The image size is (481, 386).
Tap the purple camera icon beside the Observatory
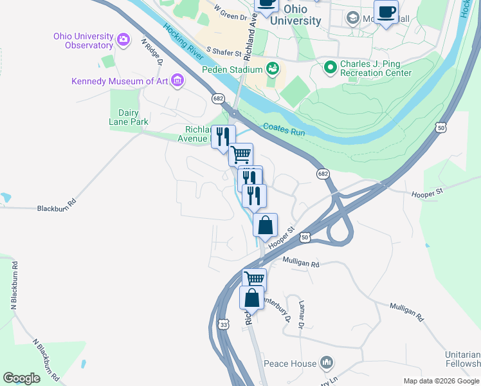123,41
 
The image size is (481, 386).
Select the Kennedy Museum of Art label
119,81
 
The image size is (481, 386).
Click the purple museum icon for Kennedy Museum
177,81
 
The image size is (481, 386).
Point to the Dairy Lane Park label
129,117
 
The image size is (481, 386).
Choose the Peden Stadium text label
232,69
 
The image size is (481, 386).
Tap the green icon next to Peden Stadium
273,68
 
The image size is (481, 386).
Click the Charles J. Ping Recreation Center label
376,68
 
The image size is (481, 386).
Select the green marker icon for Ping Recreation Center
331,66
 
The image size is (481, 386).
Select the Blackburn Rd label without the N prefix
57,208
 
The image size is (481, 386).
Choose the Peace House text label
294,363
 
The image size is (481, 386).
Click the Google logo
21,378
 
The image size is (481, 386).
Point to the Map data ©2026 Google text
441,381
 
